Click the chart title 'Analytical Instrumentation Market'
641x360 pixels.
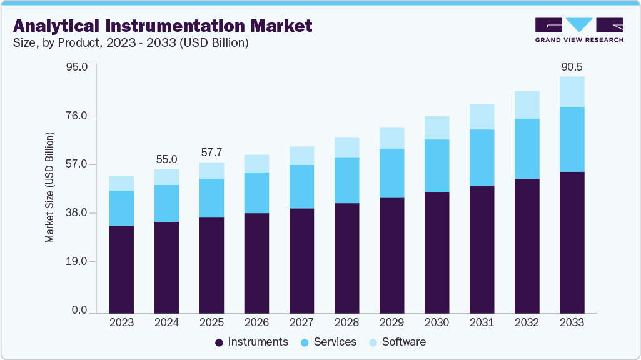pyautogui.click(x=163, y=26)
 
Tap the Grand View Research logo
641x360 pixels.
pyautogui.click(x=579, y=30)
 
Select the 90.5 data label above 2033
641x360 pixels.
pyautogui.click(x=572, y=67)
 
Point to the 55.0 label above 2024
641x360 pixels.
pyautogui.click(x=166, y=159)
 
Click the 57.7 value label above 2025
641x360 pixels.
pyautogui.click(x=211, y=152)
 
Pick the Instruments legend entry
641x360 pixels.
pyautogui.click(x=251, y=342)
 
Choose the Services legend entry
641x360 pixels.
pyautogui.click(x=329, y=342)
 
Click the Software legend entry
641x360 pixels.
pyautogui.click(x=398, y=342)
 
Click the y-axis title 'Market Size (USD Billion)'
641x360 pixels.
pyautogui.click(x=49, y=187)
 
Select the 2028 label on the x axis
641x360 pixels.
pyautogui.click(x=346, y=322)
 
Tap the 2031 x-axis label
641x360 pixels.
pyautogui.click(x=482, y=322)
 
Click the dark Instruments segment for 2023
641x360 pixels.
pyautogui.click(x=121, y=269)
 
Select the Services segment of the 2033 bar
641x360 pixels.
pyautogui.click(x=572, y=139)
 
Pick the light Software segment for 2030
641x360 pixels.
pyautogui.click(x=437, y=127)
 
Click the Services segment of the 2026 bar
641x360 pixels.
pyautogui.click(x=256, y=192)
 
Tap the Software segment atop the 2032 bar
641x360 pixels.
pyautogui.click(x=527, y=104)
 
